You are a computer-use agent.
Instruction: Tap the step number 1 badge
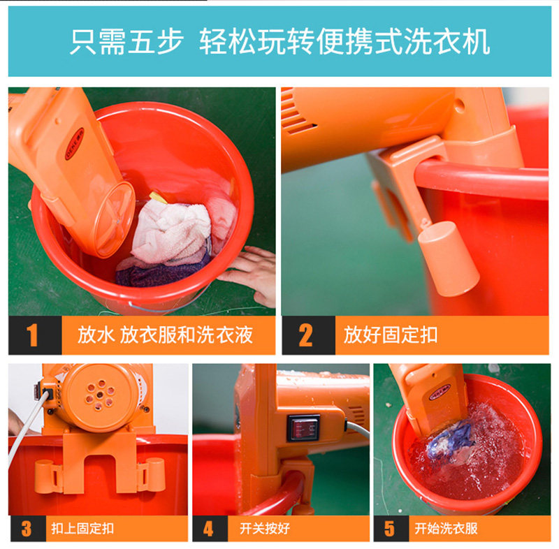tap(32, 335)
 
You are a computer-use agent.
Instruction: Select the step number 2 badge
tap(305, 335)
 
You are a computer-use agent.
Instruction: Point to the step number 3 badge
tap(26, 528)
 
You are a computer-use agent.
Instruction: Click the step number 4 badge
tap(208, 528)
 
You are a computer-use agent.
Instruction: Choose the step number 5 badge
tap(389, 528)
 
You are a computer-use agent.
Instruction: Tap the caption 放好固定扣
tap(391, 335)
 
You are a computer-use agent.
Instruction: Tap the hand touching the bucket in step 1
tap(249, 274)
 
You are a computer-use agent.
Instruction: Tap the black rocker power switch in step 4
tap(303, 427)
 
